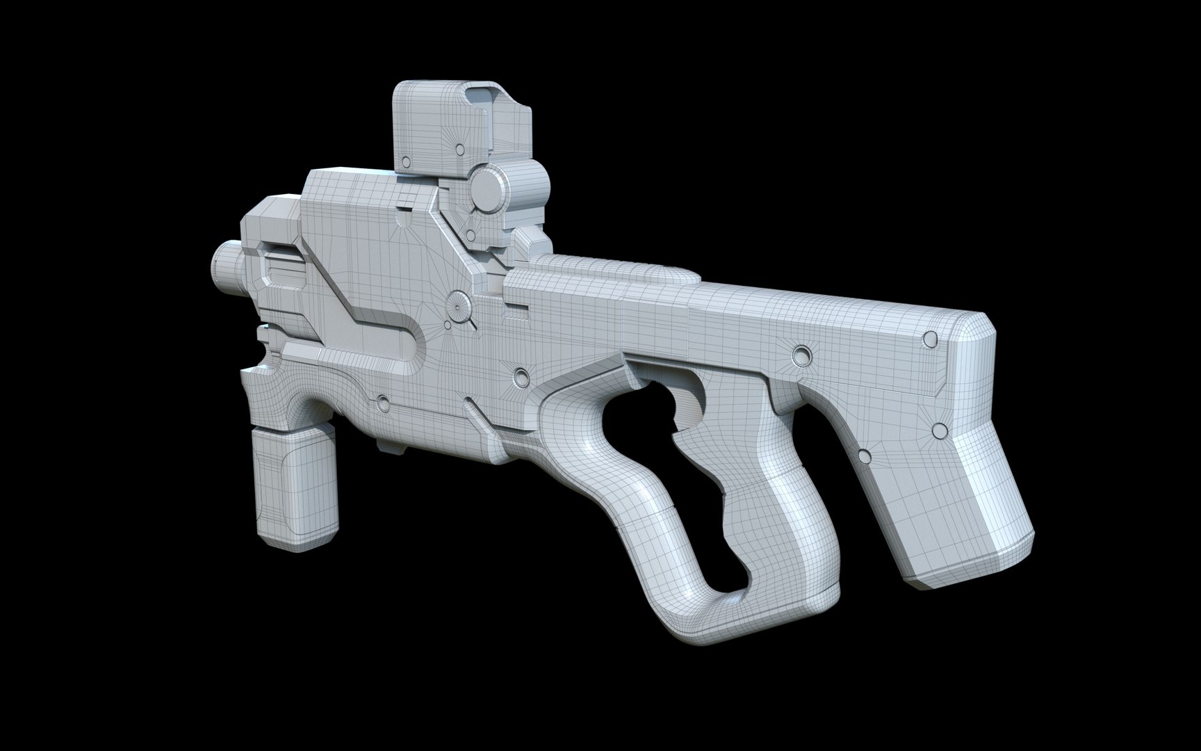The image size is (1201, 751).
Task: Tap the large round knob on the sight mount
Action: pyautogui.click(x=484, y=186)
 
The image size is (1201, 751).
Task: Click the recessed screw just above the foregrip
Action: pyautogui.click(x=382, y=402)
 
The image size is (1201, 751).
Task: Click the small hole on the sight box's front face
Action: pyautogui.click(x=458, y=149)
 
